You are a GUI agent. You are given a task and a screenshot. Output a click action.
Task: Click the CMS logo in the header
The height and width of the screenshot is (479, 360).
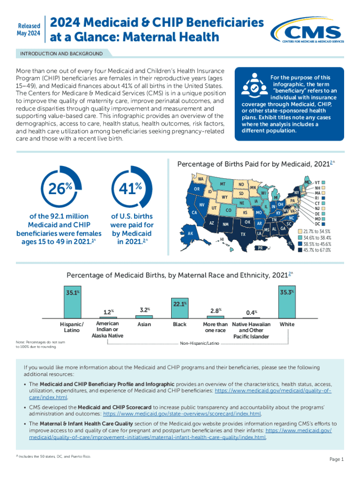coord(310,31)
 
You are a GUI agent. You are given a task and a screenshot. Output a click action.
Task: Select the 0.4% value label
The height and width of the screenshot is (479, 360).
coord(251,312)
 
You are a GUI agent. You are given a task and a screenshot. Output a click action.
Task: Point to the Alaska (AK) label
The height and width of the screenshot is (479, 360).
coord(190,233)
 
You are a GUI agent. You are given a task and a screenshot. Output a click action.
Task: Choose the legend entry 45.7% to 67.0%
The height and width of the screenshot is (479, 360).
coord(317,250)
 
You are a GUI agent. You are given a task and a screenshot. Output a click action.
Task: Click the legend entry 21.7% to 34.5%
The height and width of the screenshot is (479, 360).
coord(317,232)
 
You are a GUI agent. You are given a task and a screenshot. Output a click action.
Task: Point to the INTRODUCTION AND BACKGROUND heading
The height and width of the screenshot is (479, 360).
coord(61,54)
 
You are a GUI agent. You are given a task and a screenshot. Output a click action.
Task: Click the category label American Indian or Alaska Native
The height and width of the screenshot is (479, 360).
coord(108,329)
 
